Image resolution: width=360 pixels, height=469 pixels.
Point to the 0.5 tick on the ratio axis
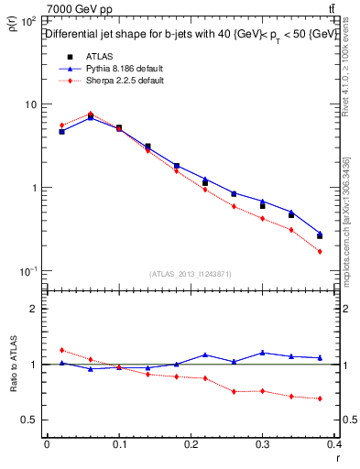pyautogui.click(x=29, y=420)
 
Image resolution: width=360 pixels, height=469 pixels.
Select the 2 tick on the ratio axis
pyautogui.click(x=33, y=309)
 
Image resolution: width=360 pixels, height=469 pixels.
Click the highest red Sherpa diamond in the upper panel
pyautogui.click(x=90, y=115)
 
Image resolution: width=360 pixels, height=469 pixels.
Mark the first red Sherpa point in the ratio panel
pyautogui.click(x=61, y=350)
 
